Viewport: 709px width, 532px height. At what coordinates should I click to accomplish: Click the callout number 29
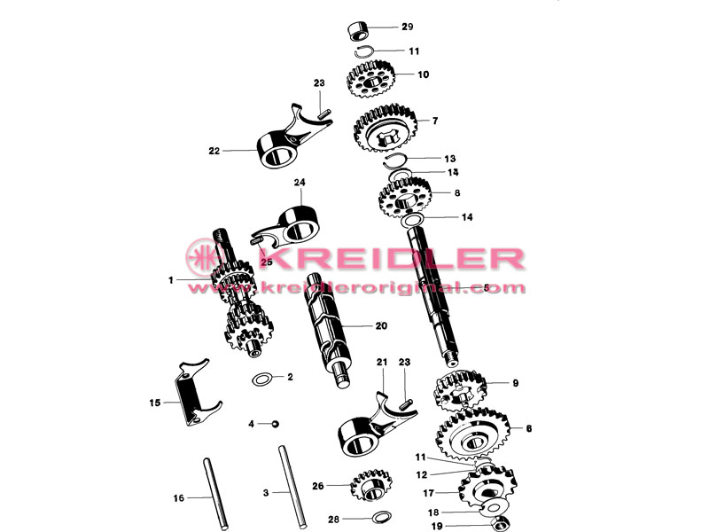point(408,27)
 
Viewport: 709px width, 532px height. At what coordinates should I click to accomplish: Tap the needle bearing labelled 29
point(359,30)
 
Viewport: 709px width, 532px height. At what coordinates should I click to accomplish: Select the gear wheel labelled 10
point(370,80)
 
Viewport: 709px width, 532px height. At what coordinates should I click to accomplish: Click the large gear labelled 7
point(385,128)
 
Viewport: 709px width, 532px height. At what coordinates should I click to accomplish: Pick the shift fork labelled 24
point(290,225)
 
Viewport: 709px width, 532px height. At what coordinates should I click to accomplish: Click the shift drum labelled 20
point(328,330)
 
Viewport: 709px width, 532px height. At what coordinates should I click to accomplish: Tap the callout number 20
point(381,325)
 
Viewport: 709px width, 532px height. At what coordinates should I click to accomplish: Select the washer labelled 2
point(262,379)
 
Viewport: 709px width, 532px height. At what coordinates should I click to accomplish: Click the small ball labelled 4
point(275,424)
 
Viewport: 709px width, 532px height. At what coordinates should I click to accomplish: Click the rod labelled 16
point(215,494)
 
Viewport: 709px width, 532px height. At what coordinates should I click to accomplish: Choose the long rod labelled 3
point(292,488)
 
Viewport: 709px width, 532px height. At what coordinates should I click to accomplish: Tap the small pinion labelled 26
point(370,485)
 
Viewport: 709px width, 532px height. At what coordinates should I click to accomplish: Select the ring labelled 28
point(381,516)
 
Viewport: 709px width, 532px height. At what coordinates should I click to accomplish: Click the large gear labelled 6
point(472,434)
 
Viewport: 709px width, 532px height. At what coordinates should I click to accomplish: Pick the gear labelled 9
point(460,390)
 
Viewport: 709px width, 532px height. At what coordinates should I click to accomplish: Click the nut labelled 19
point(501,524)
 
